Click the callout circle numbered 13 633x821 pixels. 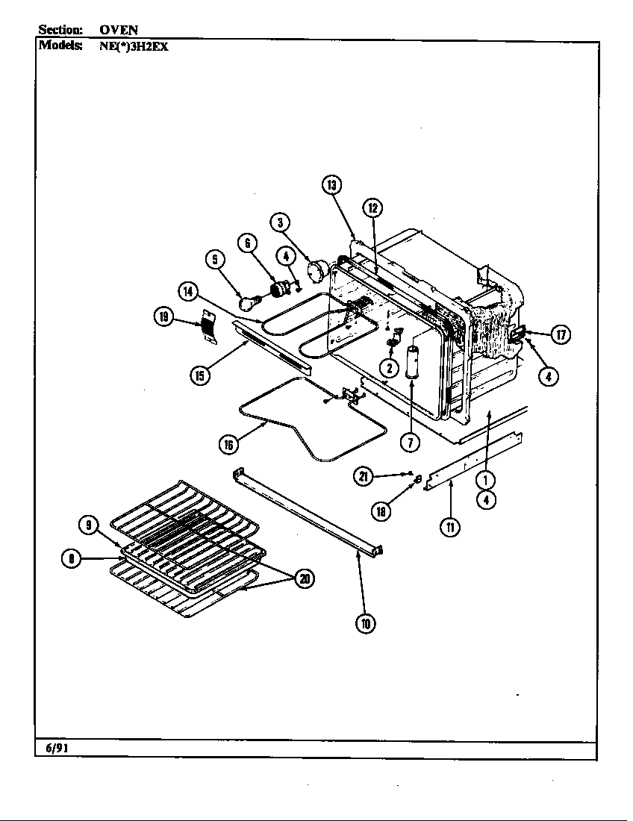(x=332, y=185)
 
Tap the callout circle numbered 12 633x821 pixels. (x=372, y=208)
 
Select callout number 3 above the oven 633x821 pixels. (x=280, y=222)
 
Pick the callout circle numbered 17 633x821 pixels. (x=561, y=334)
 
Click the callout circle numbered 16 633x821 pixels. (x=228, y=445)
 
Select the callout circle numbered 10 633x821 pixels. (x=365, y=624)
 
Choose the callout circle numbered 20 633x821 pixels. (x=305, y=578)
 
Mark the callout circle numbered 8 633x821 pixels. (x=71, y=558)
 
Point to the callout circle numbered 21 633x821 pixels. (x=363, y=475)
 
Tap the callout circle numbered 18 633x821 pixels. (x=382, y=511)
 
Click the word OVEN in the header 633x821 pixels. (x=119, y=30)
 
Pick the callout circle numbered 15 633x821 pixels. (x=199, y=375)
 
